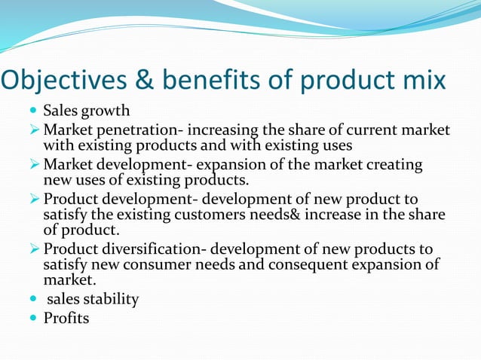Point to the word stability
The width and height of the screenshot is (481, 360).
click(111, 299)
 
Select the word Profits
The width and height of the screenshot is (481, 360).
click(66, 318)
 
